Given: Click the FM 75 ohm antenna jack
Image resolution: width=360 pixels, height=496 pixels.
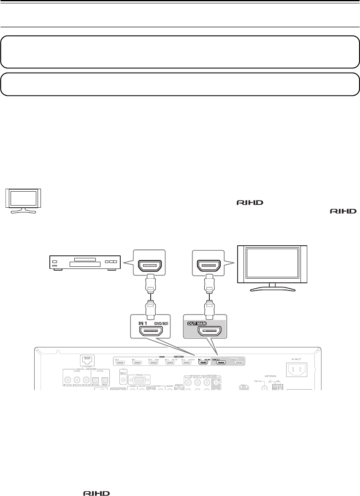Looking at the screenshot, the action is pyautogui.click(x=264, y=385).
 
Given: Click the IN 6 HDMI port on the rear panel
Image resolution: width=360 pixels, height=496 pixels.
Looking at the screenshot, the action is pyautogui.click(x=120, y=362).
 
